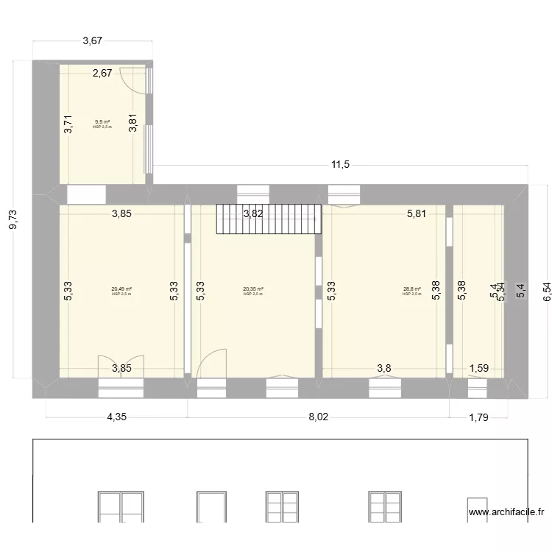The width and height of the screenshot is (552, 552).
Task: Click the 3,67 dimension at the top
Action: point(92,41)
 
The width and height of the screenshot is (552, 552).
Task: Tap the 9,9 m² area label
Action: point(102,122)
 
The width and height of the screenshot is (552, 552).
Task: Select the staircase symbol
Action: point(269,219)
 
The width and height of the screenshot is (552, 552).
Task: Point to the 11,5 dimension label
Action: point(339,165)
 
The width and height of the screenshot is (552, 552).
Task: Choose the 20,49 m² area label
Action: point(121,289)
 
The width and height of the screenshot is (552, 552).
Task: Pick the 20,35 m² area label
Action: point(252,289)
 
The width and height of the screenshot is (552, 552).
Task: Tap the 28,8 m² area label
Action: point(411,289)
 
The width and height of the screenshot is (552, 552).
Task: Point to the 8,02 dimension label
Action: point(318,417)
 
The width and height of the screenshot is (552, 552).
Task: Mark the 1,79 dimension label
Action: point(479,417)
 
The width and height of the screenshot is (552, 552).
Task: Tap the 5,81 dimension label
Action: point(418,214)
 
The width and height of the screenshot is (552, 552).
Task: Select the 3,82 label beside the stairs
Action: point(253,214)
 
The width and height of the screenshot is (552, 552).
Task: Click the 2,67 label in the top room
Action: point(102,72)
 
